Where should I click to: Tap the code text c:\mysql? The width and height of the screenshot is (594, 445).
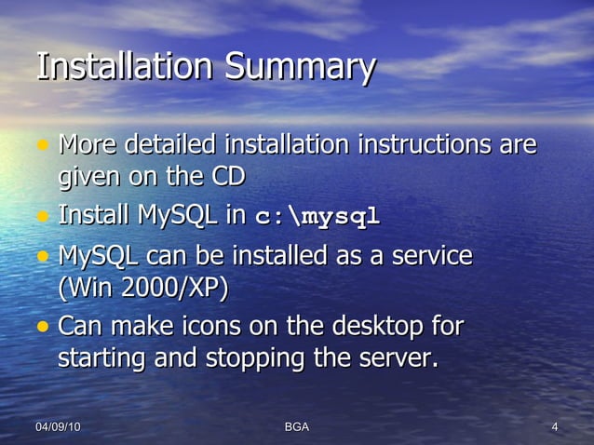click(317, 218)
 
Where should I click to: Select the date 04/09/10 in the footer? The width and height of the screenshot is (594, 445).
click(58, 426)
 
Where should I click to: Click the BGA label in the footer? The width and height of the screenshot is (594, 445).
click(296, 426)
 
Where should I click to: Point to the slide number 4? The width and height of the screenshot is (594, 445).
click(555, 426)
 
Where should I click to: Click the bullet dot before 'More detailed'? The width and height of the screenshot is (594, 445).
click(42, 146)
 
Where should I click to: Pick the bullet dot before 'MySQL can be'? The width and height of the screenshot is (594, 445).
click(42, 256)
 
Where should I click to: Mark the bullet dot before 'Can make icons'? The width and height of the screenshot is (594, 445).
click(42, 328)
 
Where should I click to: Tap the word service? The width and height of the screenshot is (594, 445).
click(430, 255)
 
